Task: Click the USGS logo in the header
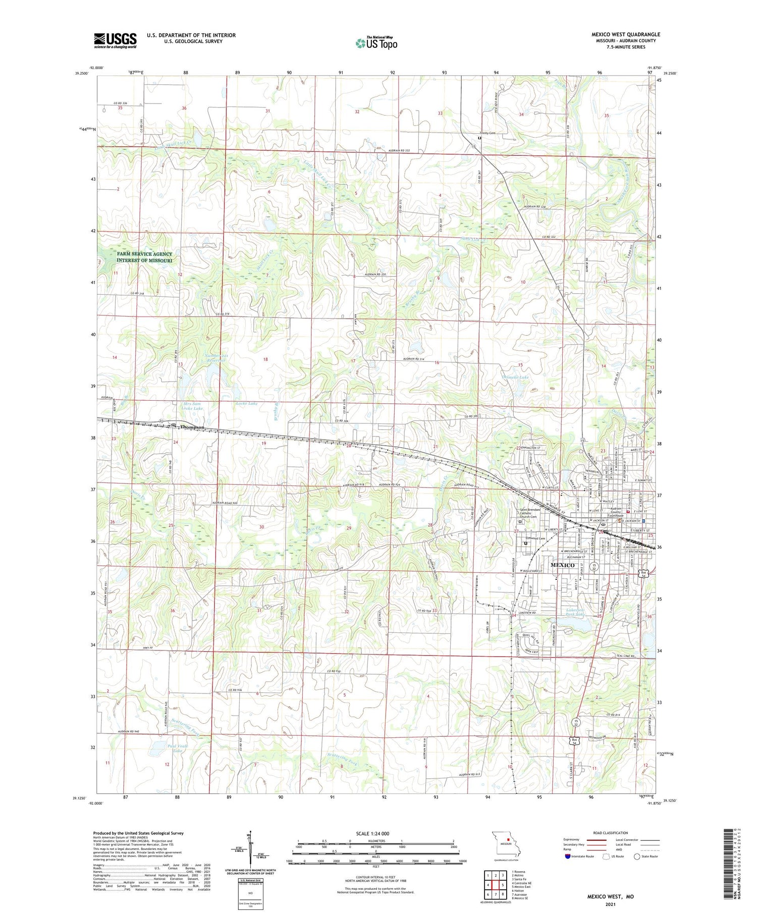115,40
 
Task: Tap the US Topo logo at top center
376,43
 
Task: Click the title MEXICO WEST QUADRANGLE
625,34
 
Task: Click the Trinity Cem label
488,133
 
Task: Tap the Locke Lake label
246,403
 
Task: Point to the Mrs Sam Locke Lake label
193,406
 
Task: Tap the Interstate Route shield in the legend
567,856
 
